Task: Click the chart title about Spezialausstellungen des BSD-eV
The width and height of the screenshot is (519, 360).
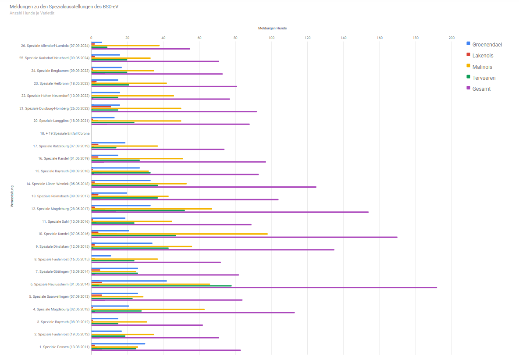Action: pos(64,7)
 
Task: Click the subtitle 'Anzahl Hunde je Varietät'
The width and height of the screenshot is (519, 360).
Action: pos(32,13)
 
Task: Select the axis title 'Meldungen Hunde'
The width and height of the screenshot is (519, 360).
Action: pos(272,28)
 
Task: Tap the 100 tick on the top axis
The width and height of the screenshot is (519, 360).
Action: pos(271,38)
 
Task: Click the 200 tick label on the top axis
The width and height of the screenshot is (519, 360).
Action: pos(451,38)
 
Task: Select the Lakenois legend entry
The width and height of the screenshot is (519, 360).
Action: pos(482,56)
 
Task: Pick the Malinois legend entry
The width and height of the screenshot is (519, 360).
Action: pos(482,67)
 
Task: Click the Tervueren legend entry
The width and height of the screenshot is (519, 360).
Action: pos(483,78)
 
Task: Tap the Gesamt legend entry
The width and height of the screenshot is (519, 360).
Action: pos(481,89)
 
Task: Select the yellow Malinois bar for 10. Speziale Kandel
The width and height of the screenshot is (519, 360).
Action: pos(179,234)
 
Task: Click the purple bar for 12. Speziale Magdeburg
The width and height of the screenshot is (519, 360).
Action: pos(230,212)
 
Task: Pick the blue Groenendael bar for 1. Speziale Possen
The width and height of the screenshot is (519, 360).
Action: pos(118,344)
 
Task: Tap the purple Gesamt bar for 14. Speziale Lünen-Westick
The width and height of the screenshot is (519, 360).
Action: pos(203,187)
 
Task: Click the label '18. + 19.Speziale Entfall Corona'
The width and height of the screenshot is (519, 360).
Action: pos(64,133)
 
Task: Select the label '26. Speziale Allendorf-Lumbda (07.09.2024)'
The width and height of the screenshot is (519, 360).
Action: pos(55,46)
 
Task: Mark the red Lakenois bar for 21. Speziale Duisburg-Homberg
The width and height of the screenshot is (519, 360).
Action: pos(101,107)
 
